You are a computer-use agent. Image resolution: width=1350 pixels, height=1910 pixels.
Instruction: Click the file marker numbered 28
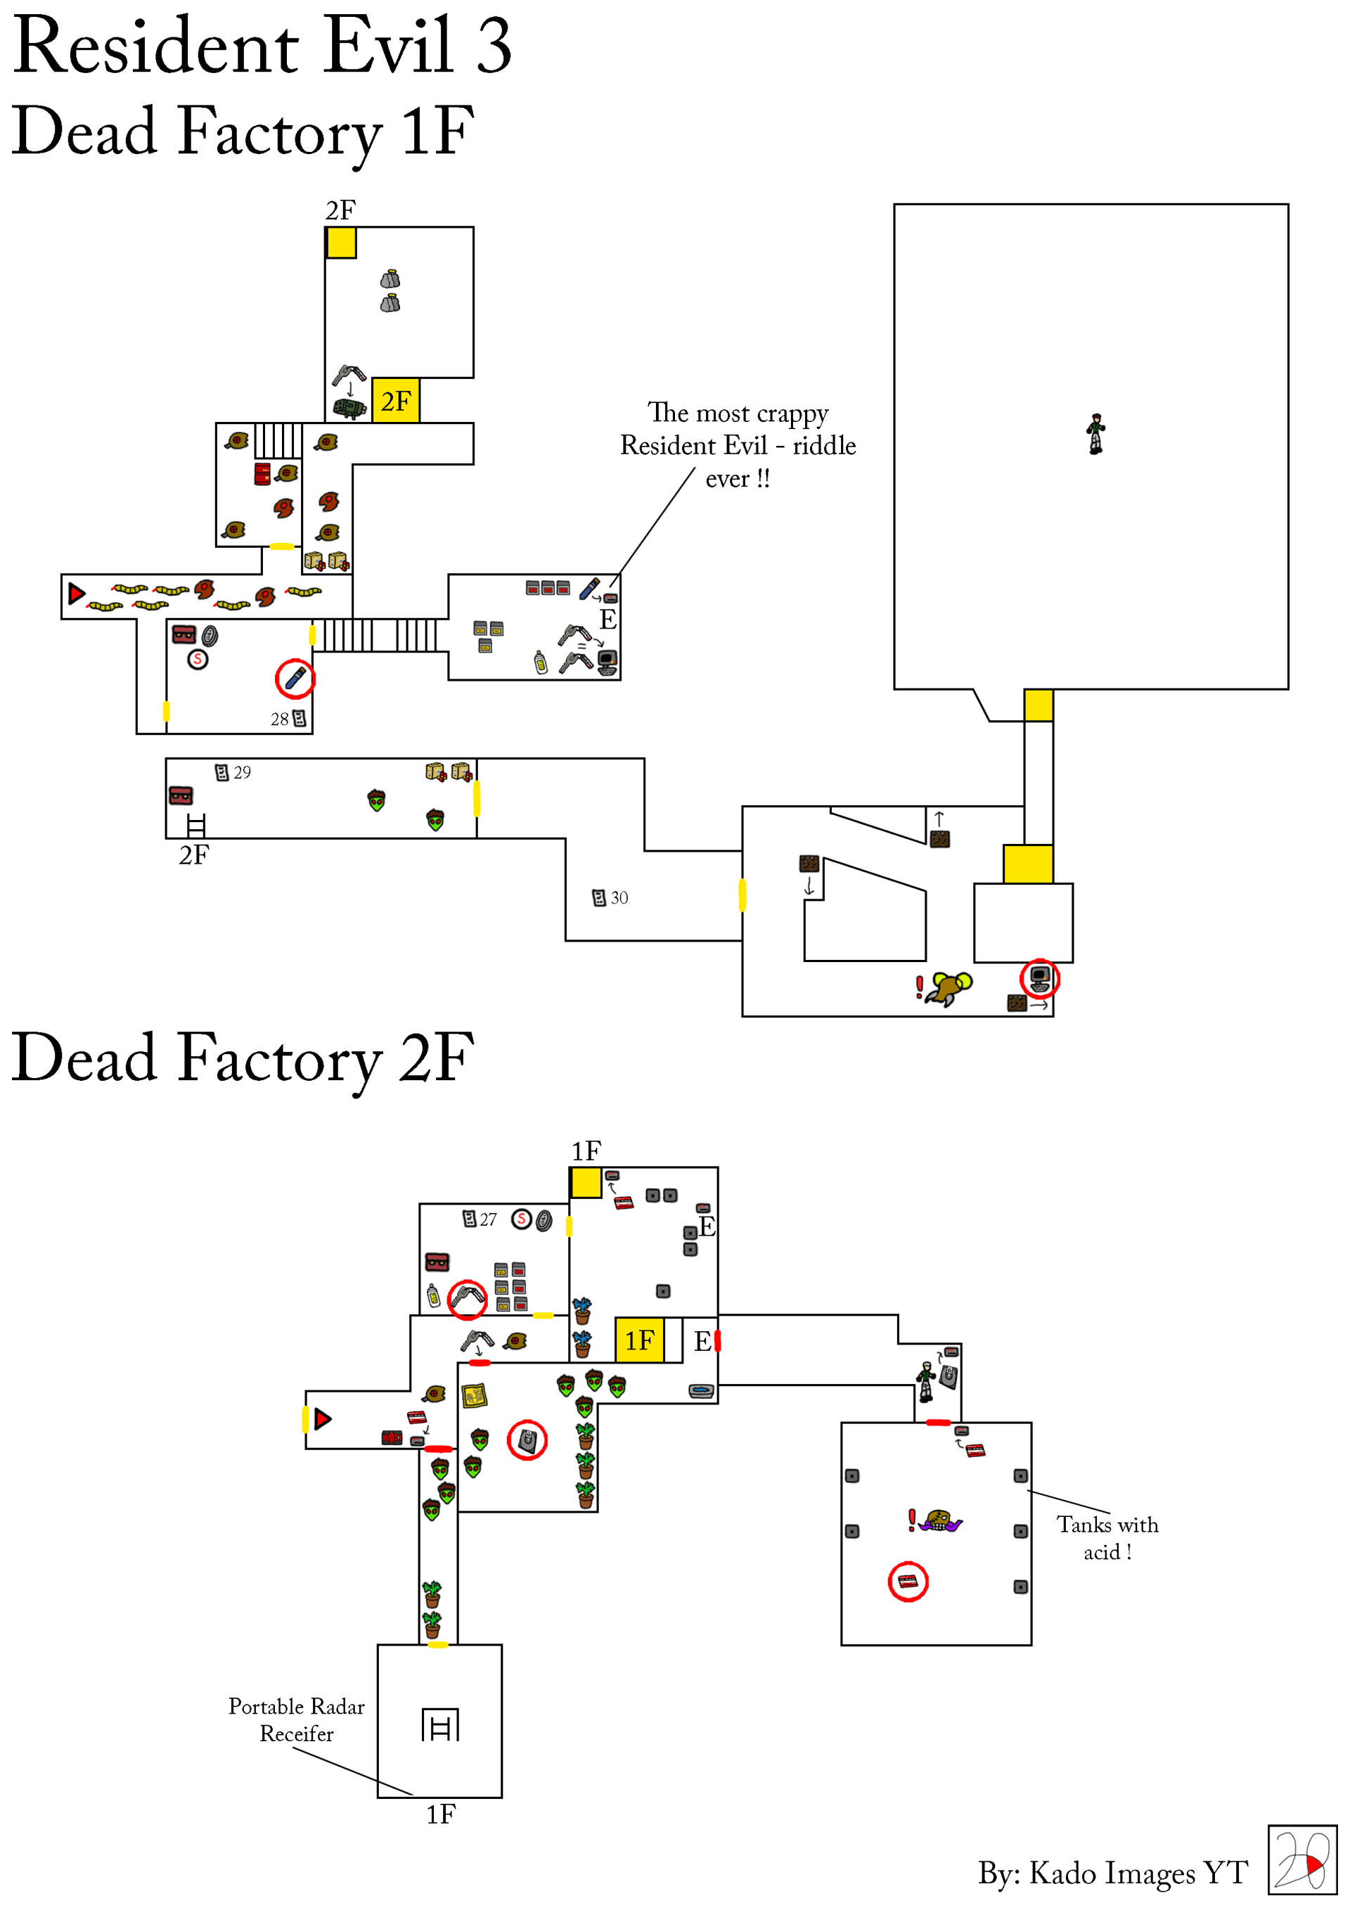(x=300, y=719)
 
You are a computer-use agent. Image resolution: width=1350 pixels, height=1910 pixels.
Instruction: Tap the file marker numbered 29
(x=222, y=773)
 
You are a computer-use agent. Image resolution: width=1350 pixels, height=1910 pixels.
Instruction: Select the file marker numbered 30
(x=599, y=897)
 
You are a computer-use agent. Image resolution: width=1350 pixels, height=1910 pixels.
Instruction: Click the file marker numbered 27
(x=470, y=1219)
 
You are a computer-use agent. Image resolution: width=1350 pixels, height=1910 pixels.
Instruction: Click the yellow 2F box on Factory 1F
(x=395, y=401)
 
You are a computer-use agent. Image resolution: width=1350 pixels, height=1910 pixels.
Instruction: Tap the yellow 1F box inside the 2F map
(x=639, y=1340)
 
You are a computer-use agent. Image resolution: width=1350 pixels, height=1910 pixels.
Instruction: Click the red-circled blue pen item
(x=295, y=679)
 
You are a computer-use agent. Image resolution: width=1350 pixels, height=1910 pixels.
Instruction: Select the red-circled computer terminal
(x=1040, y=978)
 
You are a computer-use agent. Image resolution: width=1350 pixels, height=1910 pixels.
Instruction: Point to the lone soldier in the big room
(x=1096, y=433)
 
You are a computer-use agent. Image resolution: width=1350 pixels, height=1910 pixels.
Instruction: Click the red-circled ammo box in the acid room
(x=908, y=1582)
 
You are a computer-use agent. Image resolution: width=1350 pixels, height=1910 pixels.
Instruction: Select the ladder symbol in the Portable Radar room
(x=440, y=1724)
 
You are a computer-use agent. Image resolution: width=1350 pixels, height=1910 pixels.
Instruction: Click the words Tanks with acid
(x=1107, y=1538)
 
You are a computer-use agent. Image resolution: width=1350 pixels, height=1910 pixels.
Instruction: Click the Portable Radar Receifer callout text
(x=296, y=1719)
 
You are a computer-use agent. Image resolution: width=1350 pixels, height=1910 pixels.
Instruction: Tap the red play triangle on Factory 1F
(x=77, y=593)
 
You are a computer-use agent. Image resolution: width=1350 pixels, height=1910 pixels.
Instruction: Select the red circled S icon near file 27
(x=522, y=1219)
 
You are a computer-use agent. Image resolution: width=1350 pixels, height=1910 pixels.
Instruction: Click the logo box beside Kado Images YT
(x=1301, y=1860)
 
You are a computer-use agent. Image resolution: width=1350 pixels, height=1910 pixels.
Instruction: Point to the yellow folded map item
(x=474, y=1395)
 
